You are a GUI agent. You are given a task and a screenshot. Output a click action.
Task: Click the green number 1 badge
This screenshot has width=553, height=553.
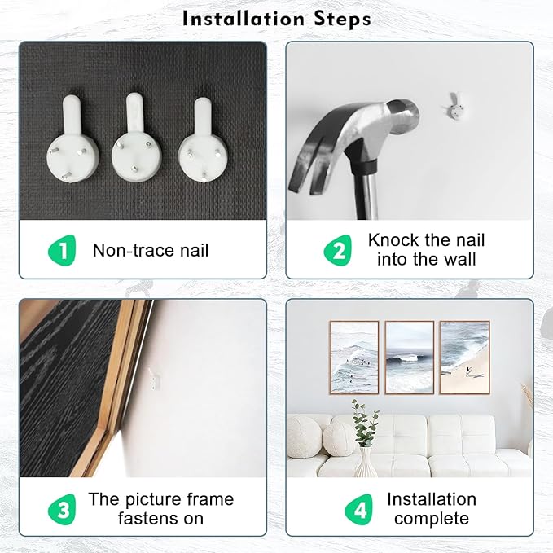pos(63,250)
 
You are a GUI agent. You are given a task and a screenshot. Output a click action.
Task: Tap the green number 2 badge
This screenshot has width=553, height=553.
pos(338,250)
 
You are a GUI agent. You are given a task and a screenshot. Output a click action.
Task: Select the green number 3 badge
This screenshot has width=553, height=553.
pos(63,509)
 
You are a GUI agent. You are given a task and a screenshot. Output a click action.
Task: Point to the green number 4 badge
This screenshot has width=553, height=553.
pos(359,509)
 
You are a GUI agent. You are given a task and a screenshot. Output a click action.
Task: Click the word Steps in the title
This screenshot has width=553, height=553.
pos(342,19)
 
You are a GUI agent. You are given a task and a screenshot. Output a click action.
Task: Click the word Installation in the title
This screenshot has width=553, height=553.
pos(244,19)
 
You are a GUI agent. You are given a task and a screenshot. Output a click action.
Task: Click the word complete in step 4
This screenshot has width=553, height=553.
pos(432,519)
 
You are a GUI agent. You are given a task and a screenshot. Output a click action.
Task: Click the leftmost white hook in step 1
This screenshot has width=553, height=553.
pos(72,139)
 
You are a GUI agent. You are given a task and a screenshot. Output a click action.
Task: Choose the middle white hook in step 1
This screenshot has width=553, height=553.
pos(137,138)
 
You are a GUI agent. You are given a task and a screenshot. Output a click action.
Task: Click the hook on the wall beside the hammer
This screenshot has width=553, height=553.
pos(454,107)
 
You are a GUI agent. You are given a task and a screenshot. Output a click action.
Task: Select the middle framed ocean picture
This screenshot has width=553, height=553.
pos(410,358)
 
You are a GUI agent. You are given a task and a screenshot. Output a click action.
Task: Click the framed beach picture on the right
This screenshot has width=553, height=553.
pos(465,358)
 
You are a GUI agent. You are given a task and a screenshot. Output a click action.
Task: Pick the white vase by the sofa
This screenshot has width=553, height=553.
pos(366,462)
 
